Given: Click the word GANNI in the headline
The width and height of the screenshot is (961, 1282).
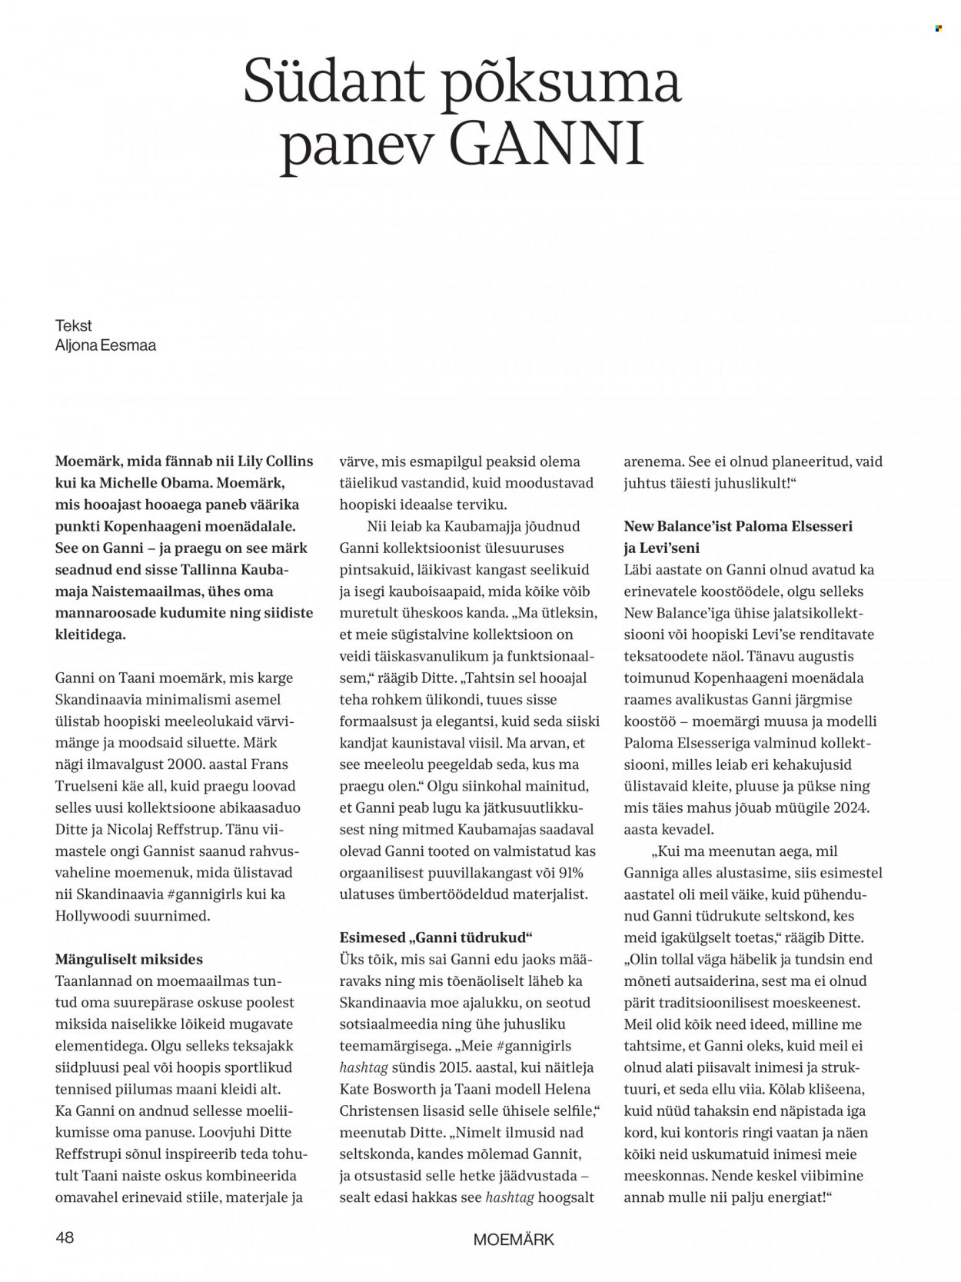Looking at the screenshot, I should point(548,145).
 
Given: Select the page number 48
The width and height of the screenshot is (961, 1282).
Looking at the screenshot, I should point(65,1237).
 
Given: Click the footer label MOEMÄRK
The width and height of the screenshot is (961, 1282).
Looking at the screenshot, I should point(514,1239).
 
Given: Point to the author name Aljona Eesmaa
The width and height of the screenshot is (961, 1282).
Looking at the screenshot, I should point(105,345).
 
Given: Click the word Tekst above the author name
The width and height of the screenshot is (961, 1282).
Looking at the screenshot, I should point(73,325).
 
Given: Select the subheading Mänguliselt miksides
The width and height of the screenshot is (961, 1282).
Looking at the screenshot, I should point(129,960).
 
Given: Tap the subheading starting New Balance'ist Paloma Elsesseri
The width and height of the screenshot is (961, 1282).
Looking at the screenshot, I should point(738,527).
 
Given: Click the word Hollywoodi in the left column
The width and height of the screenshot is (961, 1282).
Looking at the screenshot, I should point(95,916).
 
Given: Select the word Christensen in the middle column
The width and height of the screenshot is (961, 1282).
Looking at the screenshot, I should point(382,1111).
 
